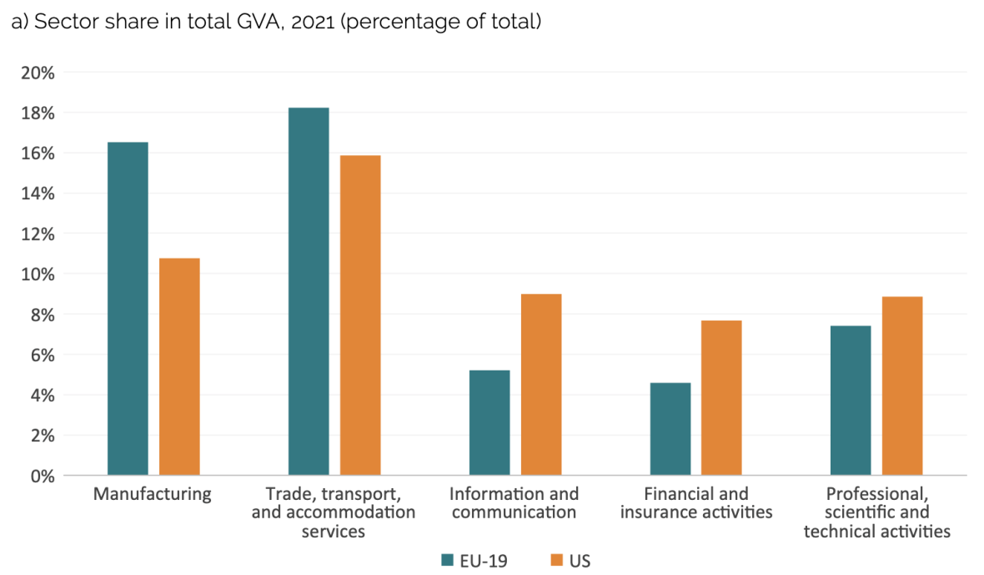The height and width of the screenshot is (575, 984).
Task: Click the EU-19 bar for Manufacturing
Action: point(128,309)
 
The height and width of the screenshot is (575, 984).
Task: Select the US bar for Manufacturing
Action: point(179,367)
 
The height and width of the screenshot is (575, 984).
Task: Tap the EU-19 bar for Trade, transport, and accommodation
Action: point(309,292)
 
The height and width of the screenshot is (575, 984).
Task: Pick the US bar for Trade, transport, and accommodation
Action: point(360,315)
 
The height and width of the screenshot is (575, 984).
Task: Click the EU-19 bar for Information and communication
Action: point(489,423)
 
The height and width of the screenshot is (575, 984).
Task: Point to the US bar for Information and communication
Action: point(541,385)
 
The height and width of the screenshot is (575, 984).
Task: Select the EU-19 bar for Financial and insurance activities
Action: point(670,429)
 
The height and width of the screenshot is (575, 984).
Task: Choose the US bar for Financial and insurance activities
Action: point(721,398)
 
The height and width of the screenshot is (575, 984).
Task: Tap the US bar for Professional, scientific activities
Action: point(902,386)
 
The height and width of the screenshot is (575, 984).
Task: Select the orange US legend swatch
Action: point(556,560)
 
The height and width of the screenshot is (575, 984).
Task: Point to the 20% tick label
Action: point(37,73)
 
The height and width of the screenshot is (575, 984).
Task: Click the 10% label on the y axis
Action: point(37,275)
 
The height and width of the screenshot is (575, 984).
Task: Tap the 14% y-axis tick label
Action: point(37,194)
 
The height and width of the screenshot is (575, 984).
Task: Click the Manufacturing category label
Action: point(153,494)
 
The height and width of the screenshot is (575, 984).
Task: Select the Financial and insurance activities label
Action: point(696,503)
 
